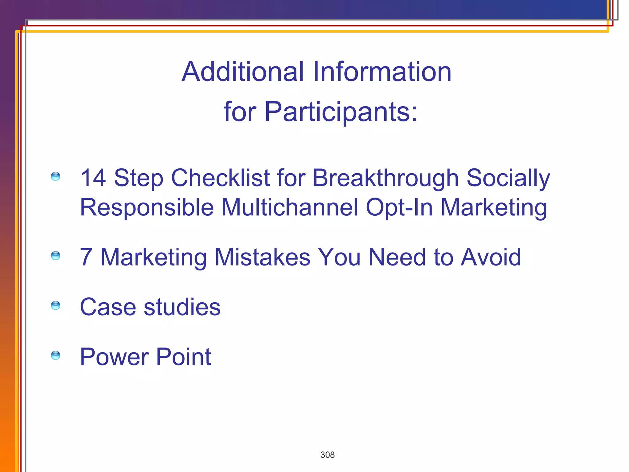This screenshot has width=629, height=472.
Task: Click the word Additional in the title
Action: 243,72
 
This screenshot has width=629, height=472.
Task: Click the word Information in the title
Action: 382,72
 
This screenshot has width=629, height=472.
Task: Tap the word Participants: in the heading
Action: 341,112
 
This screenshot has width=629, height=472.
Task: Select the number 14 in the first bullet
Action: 93,178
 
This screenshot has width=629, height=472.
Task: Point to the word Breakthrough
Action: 385,178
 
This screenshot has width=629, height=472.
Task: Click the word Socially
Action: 508,178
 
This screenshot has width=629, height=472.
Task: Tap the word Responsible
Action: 147,207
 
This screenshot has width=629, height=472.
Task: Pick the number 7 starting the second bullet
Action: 86,257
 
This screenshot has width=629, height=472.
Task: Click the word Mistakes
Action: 263,257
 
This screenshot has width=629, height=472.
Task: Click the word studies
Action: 182,307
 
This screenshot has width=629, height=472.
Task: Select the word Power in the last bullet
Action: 114,357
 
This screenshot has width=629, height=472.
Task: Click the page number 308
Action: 327,455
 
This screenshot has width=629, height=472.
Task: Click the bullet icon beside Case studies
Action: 56,305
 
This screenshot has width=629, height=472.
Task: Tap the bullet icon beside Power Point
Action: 56,355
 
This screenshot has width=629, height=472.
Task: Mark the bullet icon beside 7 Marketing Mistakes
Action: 56,255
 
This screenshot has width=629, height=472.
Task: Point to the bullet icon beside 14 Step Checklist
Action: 56,176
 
